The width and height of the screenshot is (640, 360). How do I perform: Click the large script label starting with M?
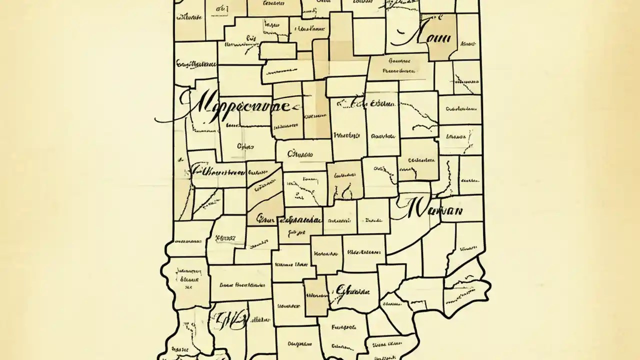235,106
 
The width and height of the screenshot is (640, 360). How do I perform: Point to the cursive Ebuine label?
353,290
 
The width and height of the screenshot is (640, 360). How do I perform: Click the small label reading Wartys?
346,135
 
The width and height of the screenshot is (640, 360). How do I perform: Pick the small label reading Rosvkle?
383,135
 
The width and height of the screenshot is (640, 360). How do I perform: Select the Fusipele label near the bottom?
343,328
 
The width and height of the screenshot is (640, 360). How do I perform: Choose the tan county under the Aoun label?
442,37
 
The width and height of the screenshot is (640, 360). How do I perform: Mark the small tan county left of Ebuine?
315,297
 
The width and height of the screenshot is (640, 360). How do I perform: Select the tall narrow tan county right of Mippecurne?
316,110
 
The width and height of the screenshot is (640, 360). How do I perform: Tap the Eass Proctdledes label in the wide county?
242,284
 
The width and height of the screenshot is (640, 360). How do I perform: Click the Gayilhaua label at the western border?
195,64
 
